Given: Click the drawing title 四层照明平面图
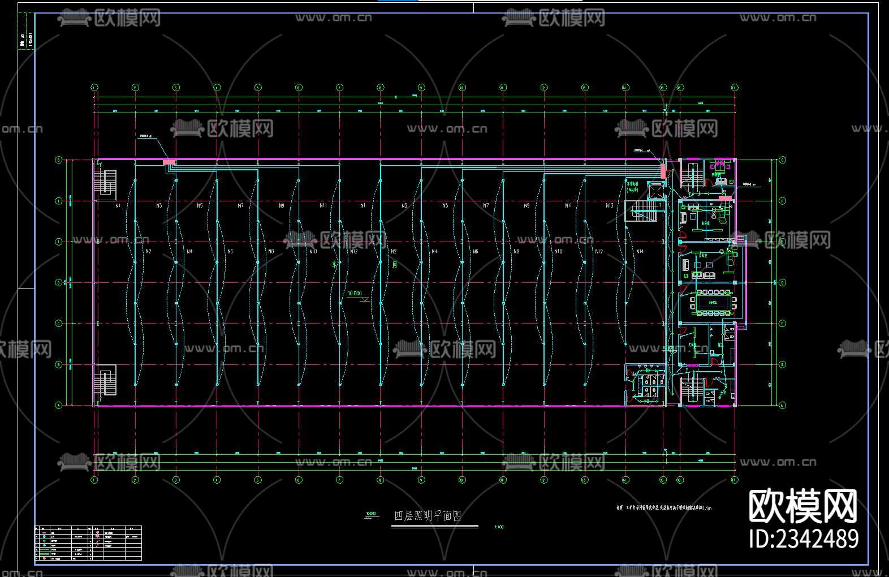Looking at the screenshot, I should click(x=428, y=516).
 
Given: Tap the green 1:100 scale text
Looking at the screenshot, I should click(x=499, y=527).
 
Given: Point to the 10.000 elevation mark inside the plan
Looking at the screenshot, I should click(x=355, y=294).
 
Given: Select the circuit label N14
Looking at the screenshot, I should click(x=640, y=252).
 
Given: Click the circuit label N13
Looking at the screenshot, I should click(x=609, y=205).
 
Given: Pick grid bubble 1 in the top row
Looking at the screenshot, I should click(x=94, y=88).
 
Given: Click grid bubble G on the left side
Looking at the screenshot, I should click(x=58, y=160).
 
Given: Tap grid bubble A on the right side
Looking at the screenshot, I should click(x=783, y=405).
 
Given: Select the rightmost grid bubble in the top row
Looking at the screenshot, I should click(x=734, y=88).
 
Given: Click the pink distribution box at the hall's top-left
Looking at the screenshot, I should click(x=169, y=162).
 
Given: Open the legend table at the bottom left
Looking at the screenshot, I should click(x=88, y=542).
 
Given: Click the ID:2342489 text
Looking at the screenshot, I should click(x=804, y=538).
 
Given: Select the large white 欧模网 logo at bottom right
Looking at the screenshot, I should click(x=803, y=506).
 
